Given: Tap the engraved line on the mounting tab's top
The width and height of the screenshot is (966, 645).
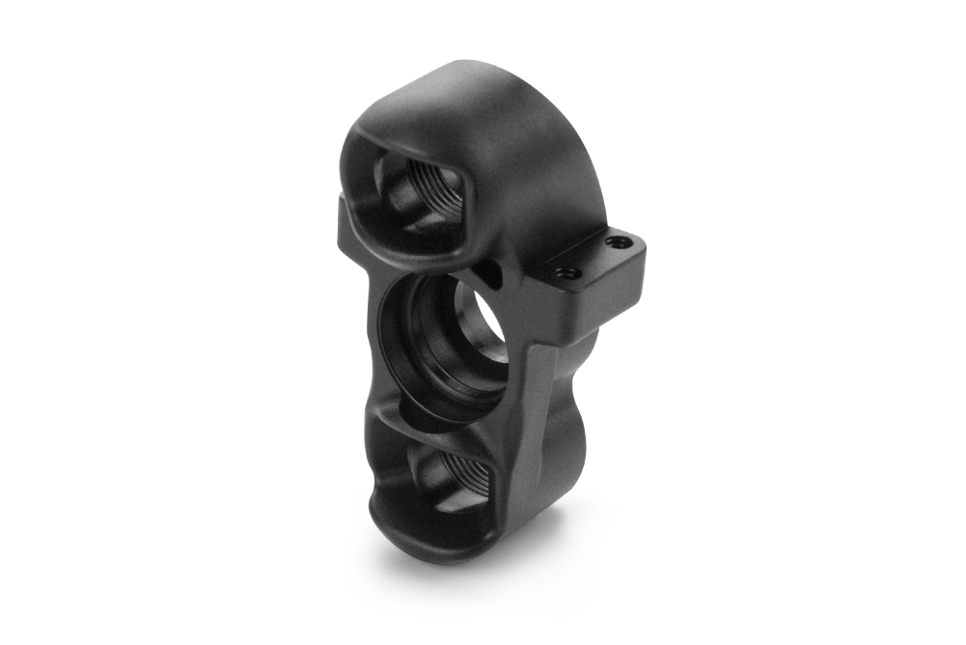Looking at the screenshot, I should click(579, 253).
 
